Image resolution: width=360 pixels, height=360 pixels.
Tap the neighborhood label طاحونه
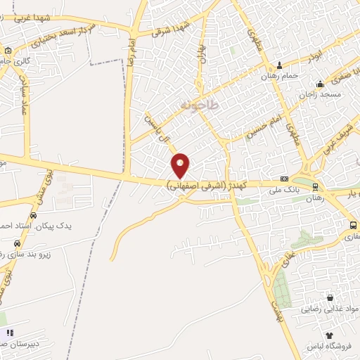coord(200,105)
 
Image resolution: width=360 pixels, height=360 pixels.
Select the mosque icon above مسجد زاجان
coord(320,83)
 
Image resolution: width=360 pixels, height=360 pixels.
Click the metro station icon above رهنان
coord(314,186)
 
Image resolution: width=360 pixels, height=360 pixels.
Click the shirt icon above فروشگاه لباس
coord(328,335)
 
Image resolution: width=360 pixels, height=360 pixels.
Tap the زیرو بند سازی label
coord(42,248)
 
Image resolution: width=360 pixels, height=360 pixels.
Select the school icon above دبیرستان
coord(9,333)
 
